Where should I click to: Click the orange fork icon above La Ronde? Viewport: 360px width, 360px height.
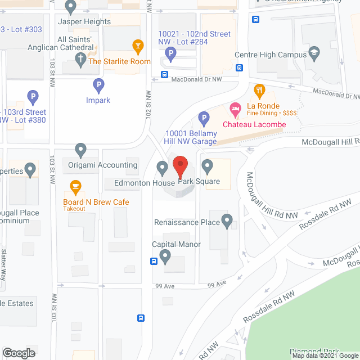(259, 90)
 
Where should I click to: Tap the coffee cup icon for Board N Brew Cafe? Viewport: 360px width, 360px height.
(75, 186)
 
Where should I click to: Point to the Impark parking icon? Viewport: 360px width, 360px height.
(98, 85)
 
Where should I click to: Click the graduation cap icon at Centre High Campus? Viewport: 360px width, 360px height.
(314, 55)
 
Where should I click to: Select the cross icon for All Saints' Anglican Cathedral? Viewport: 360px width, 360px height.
(80, 58)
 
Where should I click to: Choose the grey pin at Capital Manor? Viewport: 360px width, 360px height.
(165, 256)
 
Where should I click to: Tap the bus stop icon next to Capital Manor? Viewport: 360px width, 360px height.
(154, 261)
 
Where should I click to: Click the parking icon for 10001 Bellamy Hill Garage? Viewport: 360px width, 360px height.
(204, 119)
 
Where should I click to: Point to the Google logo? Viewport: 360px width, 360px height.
(18, 353)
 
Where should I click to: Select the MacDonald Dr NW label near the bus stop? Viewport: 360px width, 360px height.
(197, 80)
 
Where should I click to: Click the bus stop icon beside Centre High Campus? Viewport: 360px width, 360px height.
(239, 68)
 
